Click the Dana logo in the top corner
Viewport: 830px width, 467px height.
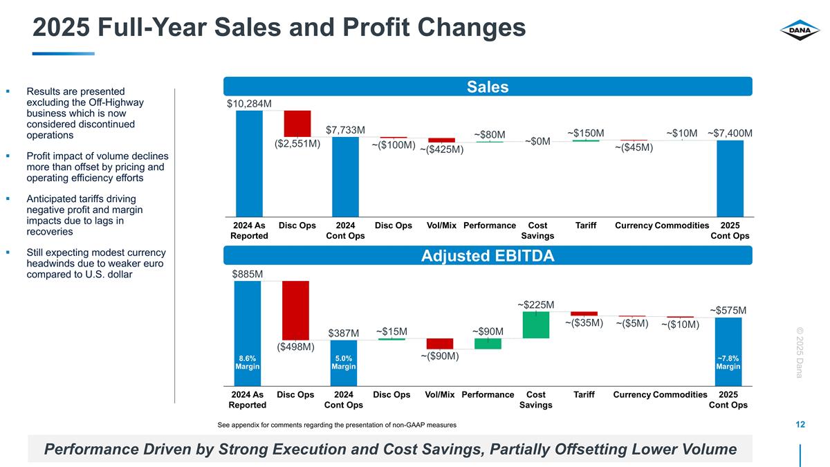coord(800,31)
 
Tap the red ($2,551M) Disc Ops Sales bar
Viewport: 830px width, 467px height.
coord(297,123)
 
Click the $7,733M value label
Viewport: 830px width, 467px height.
coord(345,129)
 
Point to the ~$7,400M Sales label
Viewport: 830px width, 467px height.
coord(730,133)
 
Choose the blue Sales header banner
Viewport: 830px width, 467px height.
coord(487,86)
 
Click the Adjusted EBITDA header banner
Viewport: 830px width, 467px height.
coord(487,256)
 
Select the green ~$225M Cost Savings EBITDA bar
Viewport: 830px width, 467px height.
coord(536,324)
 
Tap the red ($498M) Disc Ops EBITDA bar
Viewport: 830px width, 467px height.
coord(295,310)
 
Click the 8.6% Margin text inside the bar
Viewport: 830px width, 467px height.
coord(248,363)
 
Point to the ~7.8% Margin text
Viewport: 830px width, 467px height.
coord(728,363)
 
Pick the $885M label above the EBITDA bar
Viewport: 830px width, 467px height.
coord(247,274)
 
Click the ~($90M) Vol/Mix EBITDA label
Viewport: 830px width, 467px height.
coord(440,356)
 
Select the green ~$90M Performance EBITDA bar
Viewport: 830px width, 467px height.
coord(488,344)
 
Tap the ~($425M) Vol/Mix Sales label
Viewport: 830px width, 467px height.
coord(442,149)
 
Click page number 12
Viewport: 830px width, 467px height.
coord(800,424)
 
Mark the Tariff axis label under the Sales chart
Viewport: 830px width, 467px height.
coord(586,226)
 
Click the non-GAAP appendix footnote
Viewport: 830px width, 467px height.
coord(336,424)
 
